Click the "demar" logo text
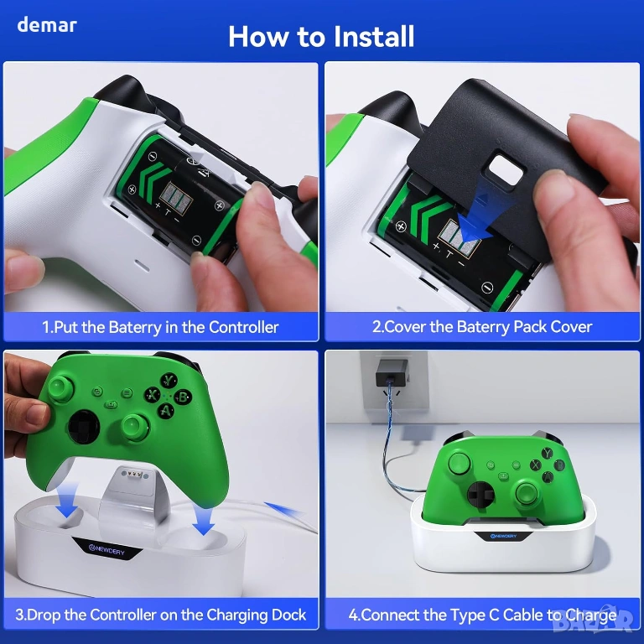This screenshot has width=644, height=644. click(x=47, y=25)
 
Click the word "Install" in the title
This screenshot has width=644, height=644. click(x=373, y=37)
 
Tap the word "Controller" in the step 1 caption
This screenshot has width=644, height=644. click(x=243, y=327)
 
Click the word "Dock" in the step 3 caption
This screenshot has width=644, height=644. click(x=288, y=615)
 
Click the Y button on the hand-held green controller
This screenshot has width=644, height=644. click(x=169, y=381)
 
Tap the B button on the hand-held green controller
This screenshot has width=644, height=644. click(x=182, y=397)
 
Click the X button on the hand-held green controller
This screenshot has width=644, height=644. click(x=153, y=395)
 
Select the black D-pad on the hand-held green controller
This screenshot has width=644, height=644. click(x=84, y=427)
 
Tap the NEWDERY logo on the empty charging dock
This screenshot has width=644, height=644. click(x=106, y=549)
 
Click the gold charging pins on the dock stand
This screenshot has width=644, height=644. click(x=134, y=475)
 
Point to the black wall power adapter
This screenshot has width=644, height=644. click(x=392, y=372)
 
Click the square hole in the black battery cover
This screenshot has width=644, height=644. click(x=505, y=169)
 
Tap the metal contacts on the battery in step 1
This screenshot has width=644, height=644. click(x=175, y=197)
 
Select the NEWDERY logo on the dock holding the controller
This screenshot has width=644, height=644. click(x=503, y=536)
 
